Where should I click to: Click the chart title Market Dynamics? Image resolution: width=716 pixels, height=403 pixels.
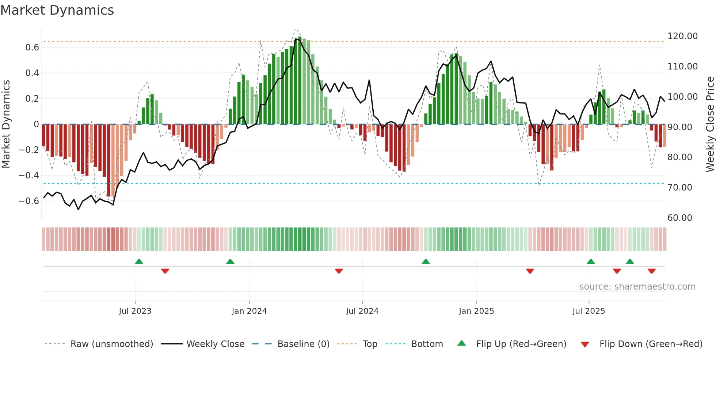[57, 10]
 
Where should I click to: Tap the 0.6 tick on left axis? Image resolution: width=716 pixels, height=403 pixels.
[32, 48]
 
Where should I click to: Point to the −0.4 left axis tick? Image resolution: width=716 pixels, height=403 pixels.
[29, 176]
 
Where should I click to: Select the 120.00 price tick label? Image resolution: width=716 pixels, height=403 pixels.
[682, 36]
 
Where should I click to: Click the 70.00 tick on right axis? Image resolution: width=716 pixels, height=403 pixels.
[679, 188]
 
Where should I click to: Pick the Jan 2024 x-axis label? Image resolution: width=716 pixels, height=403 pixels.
[249, 311]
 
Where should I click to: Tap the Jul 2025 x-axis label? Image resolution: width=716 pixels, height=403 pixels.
[589, 311]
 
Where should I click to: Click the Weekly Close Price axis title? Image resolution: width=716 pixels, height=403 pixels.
[710, 124]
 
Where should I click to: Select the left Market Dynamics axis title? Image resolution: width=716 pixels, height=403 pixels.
[6, 124]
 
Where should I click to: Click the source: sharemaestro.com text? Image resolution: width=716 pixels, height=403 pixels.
[637, 287]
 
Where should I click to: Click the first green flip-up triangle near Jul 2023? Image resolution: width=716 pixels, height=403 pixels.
[139, 261]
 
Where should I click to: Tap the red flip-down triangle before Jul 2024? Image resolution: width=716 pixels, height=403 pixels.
[339, 271]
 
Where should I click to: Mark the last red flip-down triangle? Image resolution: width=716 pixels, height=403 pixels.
[651, 271]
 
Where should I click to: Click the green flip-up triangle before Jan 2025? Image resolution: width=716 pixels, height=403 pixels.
[426, 261]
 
